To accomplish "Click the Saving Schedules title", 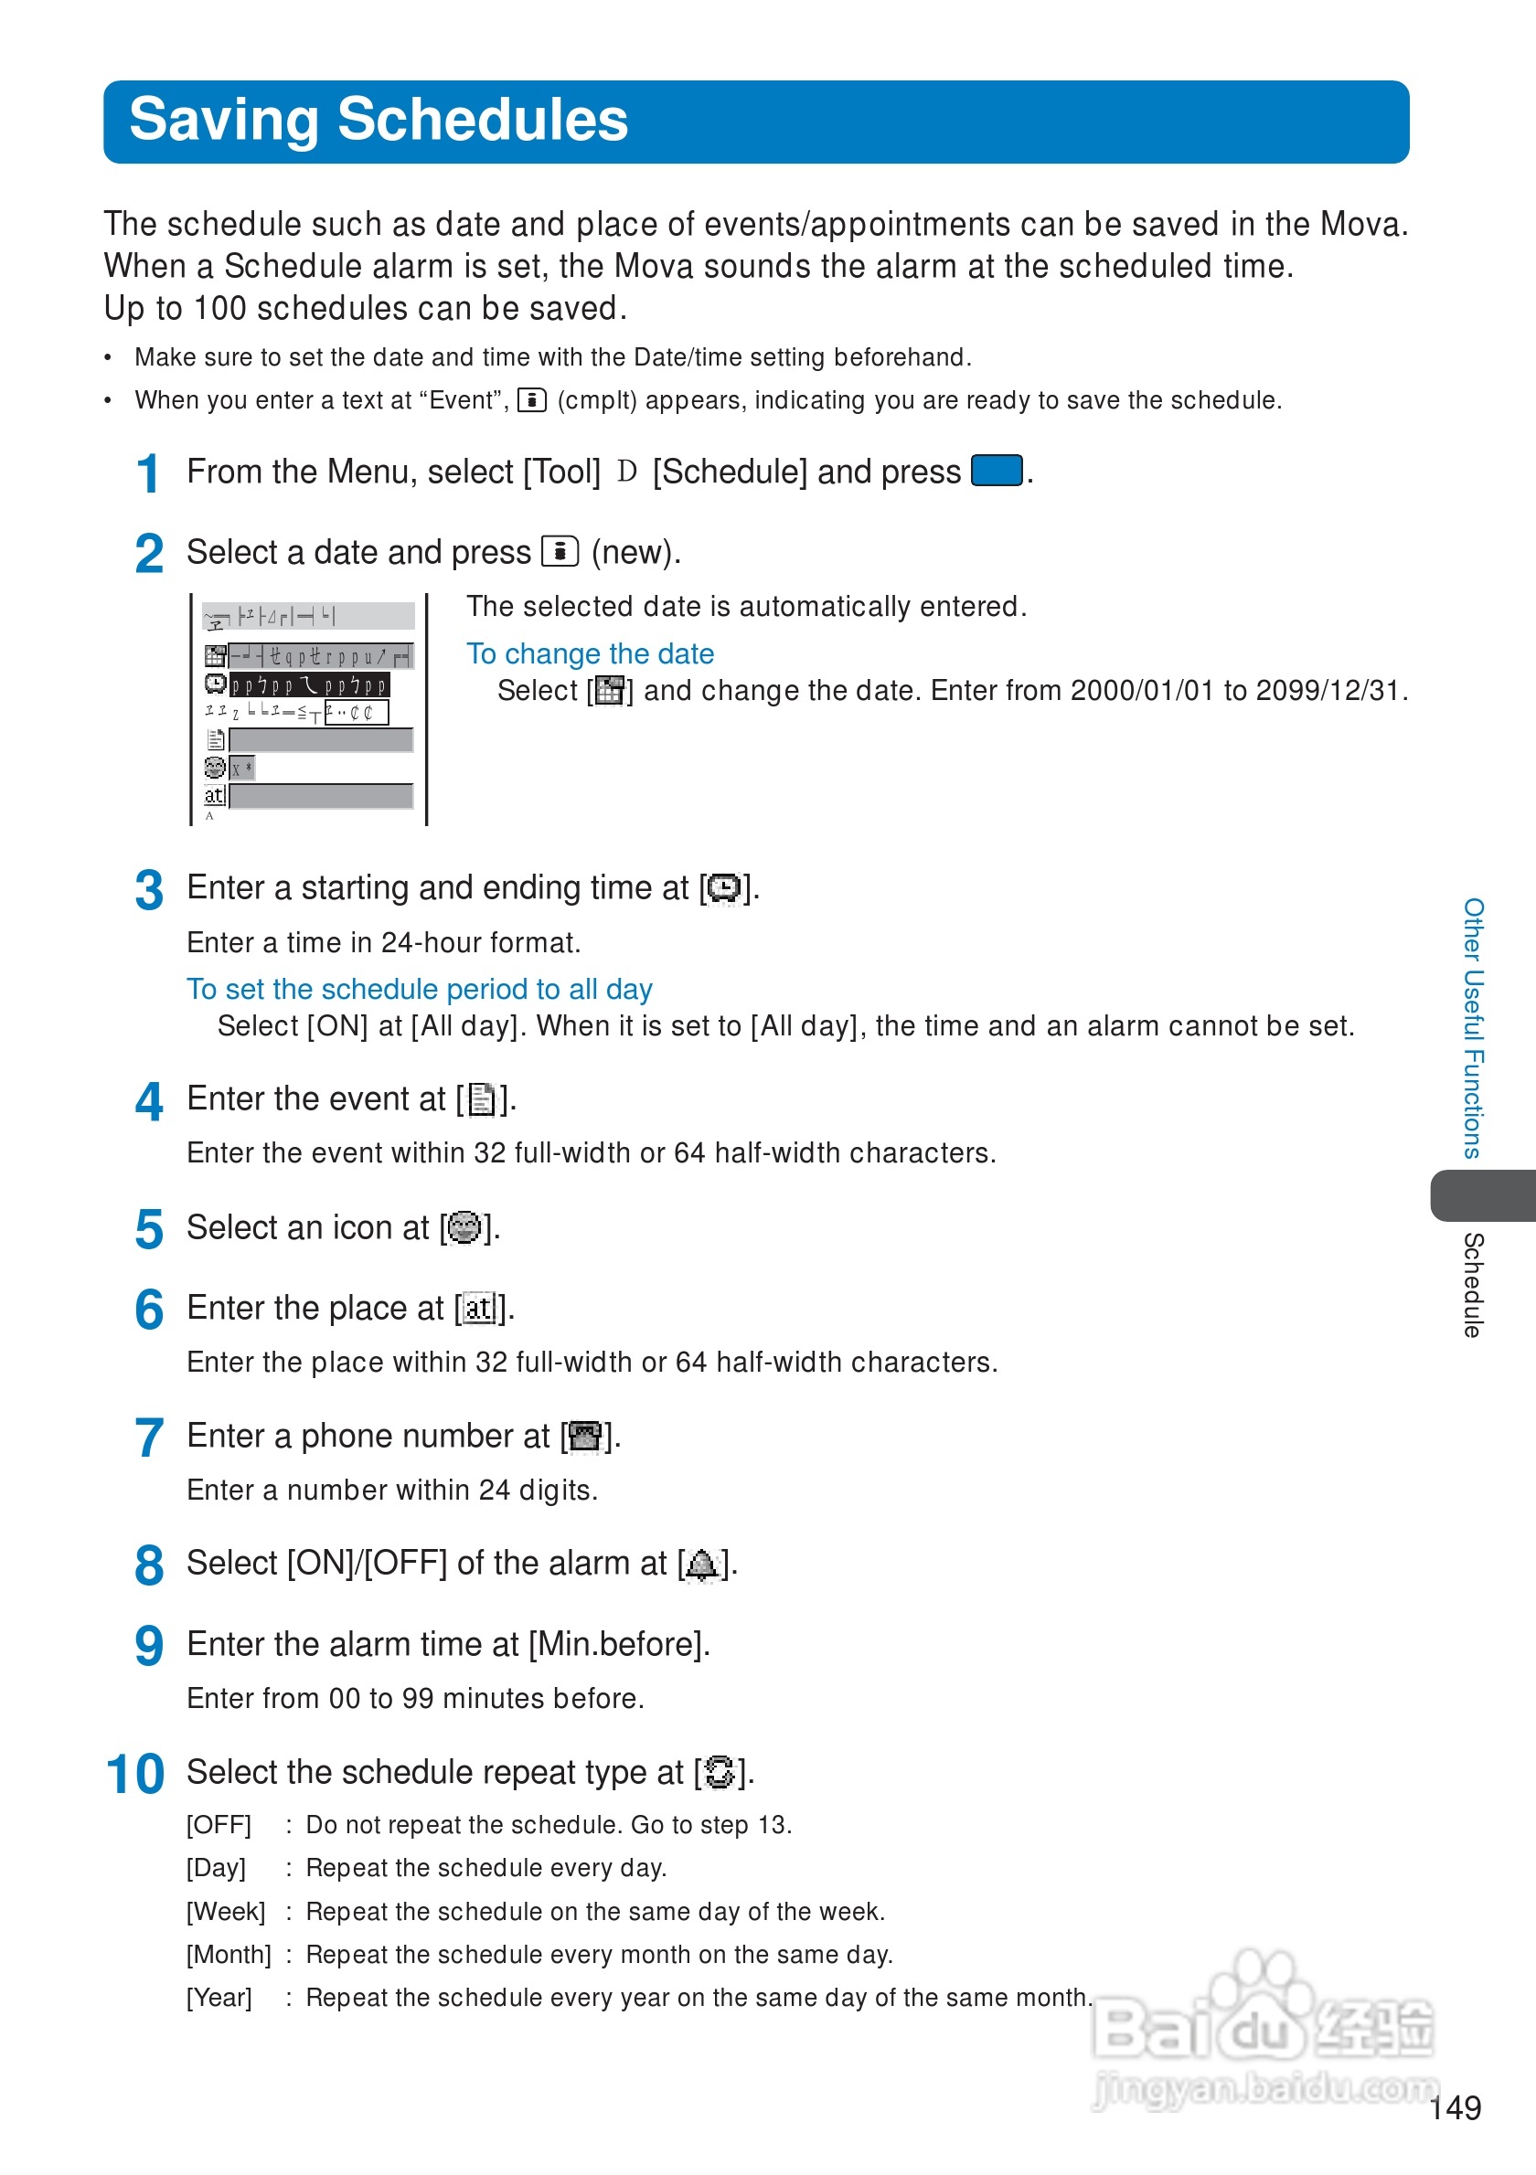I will [x=379, y=121].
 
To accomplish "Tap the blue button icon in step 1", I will [x=996, y=471].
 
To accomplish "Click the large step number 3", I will [x=149, y=890].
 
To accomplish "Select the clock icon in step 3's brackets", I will [x=724, y=888].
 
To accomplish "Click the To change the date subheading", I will [x=590, y=653].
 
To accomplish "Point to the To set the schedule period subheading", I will [x=419, y=989].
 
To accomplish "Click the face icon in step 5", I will [x=464, y=1227].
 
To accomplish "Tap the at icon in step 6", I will [x=479, y=1310].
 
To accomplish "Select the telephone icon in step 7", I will [x=585, y=1437].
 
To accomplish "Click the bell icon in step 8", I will [x=702, y=1565].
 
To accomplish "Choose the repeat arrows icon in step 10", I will [x=720, y=1772].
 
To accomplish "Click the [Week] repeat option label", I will [x=226, y=1912].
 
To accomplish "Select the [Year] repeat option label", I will [x=219, y=1998].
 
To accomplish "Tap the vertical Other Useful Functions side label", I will [x=1473, y=1028].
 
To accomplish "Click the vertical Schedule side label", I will [x=1473, y=1285].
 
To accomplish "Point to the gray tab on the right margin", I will [x=1481, y=1195].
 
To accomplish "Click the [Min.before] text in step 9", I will [x=618, y=1645].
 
